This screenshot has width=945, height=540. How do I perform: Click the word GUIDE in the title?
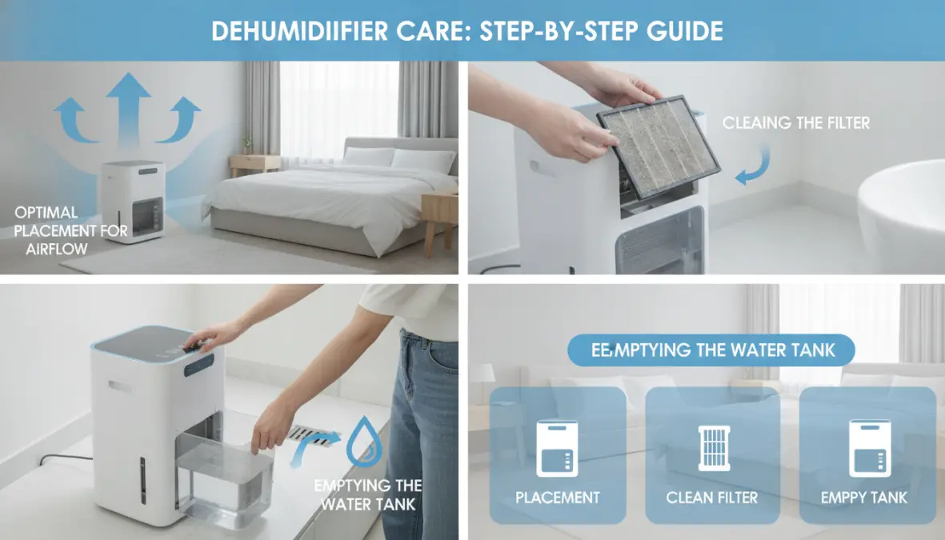(685, 30)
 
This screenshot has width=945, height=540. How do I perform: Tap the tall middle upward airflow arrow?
(128, 109)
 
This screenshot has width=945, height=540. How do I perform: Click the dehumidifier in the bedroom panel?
(132, 201)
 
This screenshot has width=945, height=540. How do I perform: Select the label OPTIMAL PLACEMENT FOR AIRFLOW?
(70, 231)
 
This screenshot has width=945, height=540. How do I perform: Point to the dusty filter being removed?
(658, 147)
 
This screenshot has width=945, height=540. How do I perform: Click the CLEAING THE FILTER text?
(796, 123)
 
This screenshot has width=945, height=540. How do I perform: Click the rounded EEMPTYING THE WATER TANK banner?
(711, 350)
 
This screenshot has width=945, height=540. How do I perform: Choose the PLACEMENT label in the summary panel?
(558, 498)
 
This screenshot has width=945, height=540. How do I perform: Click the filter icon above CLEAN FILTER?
(714, 448)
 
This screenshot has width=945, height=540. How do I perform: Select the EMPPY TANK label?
(863, 498)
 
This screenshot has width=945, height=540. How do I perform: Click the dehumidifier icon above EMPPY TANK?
(870, 448)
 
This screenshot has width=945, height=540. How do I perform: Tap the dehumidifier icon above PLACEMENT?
(557, 448)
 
